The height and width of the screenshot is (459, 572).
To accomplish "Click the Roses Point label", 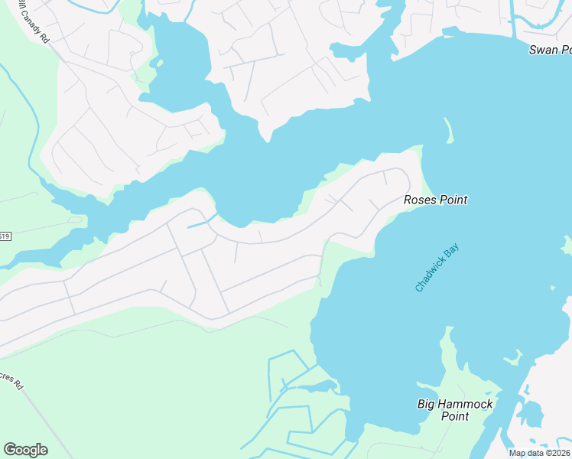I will pyautogui.click(x=435, y=200).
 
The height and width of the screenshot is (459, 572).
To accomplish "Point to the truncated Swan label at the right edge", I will pyautogui.click(x=550, y=50).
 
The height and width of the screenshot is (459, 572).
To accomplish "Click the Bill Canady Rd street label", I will pyautogui.click(x=34, y=23).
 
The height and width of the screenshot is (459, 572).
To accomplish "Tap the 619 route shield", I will pyautogui.click(x=5, y=236).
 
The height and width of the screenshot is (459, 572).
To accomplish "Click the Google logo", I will pyautogui.click(x=25, y=450).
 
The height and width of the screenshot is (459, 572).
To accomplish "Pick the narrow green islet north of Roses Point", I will pyautogui.click(x=448, y=131).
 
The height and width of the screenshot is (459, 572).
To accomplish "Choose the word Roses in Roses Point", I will pyautogui.click(x=419, y=200).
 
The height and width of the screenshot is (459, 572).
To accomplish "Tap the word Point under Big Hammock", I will pyautogui.click(x=455, y=417).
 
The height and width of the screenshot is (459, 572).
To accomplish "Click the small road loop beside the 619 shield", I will pyautogui.click(x=74, y=220).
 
